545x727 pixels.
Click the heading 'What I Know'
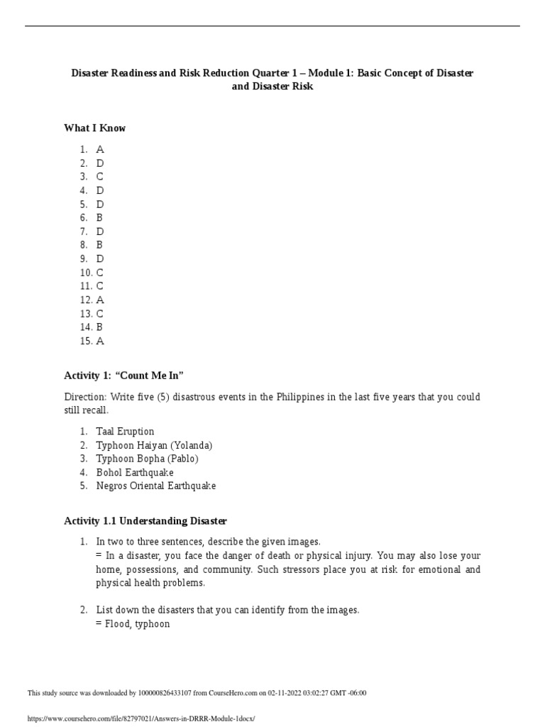[94, 129]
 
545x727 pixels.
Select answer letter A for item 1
[100, 150]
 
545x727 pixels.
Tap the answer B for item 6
[100, 218]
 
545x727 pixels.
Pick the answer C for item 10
[100, 273]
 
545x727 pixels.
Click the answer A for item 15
[100, 341]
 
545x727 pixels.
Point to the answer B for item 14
[100, 327]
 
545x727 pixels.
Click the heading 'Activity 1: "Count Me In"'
[128, 375]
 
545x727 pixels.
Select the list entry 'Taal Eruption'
[125, 432]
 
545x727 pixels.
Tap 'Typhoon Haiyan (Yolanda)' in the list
[154, 445]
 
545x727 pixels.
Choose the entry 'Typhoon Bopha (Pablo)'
[147, 459]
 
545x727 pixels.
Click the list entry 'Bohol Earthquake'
[135, 472]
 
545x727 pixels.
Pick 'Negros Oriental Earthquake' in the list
[156, 486]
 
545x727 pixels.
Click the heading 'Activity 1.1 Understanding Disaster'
[145, 521]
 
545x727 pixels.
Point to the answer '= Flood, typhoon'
[133, 625]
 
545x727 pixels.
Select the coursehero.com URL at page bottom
[141, 718]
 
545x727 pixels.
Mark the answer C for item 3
[100, 177]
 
